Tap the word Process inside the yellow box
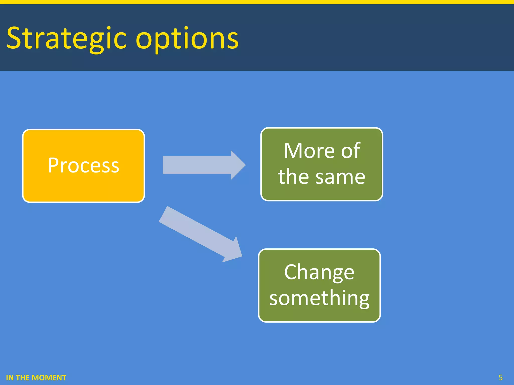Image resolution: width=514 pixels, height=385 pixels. [x=84, y=165]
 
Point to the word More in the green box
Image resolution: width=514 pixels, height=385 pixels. [x=309, y=151]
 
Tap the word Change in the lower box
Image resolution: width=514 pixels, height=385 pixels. [x=319, y=272]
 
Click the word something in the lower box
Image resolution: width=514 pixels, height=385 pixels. [x=319, y=298]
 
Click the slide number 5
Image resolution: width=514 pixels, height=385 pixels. [x=500, y=377]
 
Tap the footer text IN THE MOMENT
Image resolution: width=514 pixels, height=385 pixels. [x=36, y=377]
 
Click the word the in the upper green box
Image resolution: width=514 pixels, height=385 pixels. [x=293, y=177]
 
